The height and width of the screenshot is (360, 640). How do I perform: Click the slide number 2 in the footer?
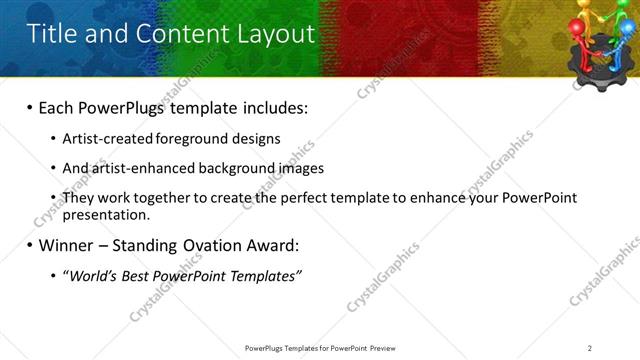pyautogui.click(x=589, y=347)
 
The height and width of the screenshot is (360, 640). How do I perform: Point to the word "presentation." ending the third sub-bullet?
pyautogui.click(x=106, y=214)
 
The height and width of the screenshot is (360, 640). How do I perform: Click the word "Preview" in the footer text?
pyautogui.click(x=389, y=347)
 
